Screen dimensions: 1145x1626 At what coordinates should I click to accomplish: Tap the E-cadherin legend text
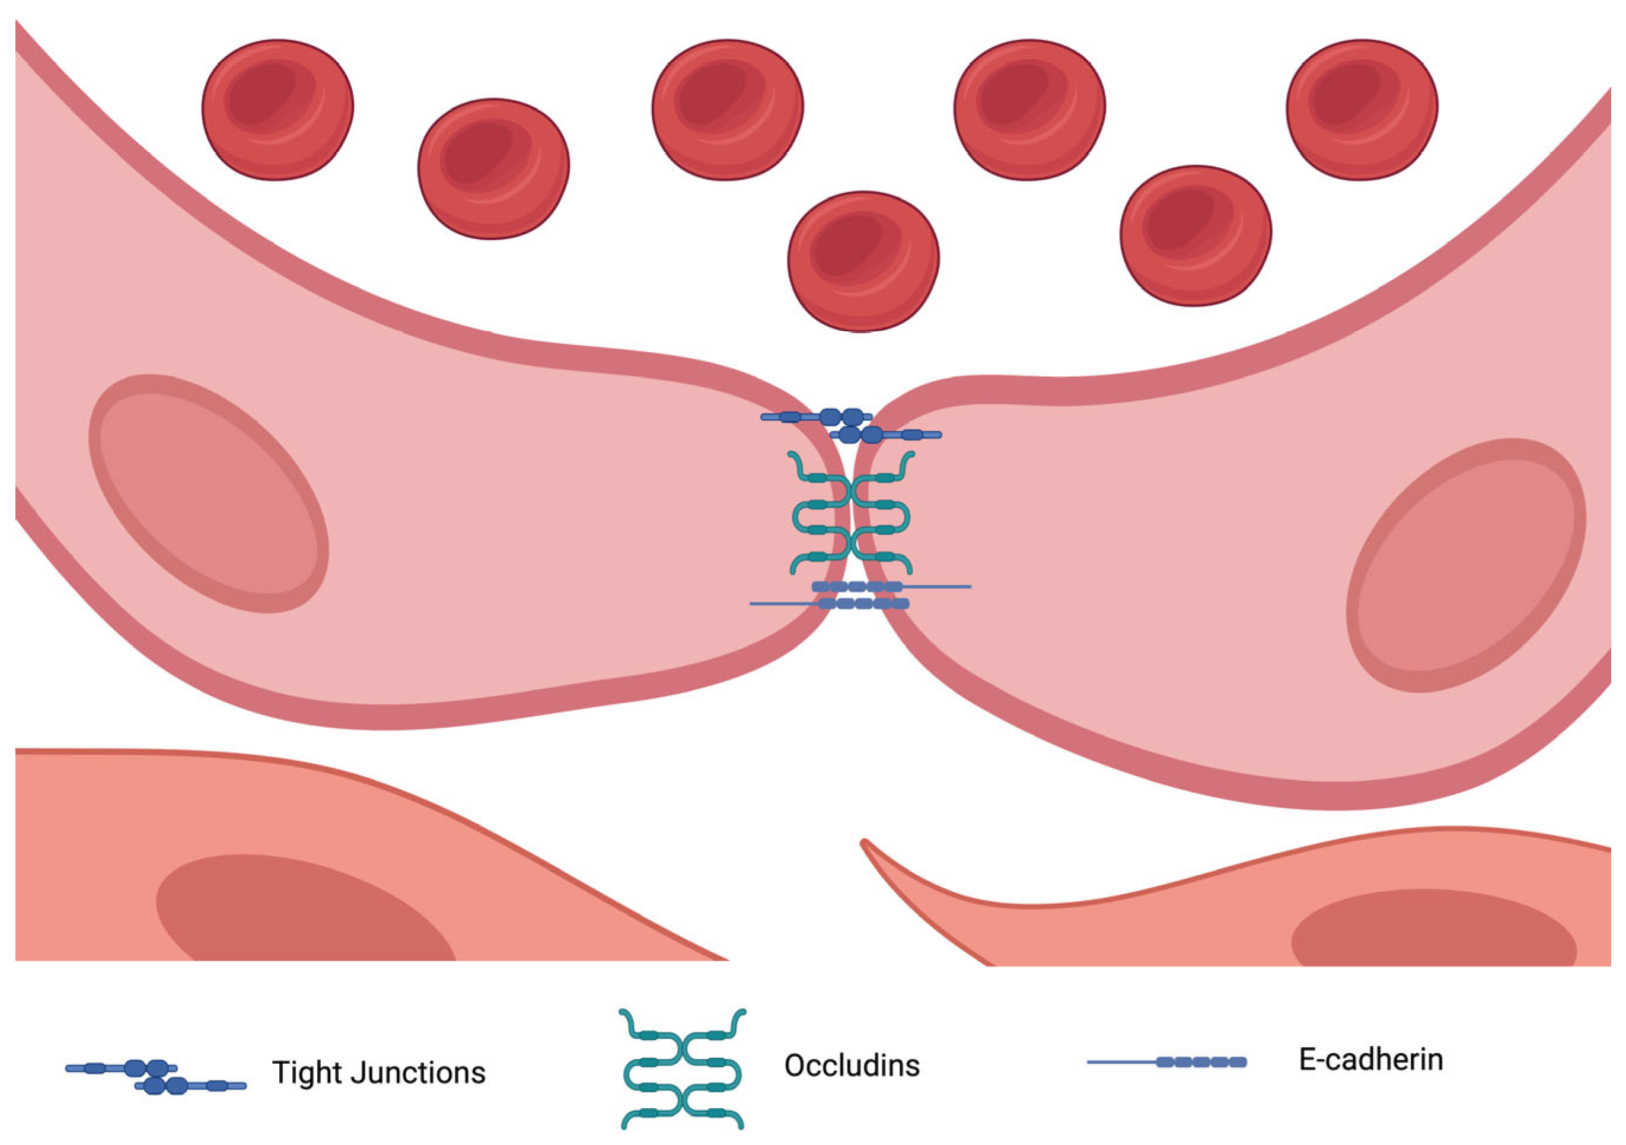[x=1370, y=1060]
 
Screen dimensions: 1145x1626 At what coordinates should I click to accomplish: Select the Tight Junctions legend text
[x=379, y=1072]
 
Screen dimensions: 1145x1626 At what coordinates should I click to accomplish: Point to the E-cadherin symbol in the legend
[x=1167, y=1062]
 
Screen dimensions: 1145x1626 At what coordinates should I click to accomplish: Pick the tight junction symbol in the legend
[x=156, y=1076]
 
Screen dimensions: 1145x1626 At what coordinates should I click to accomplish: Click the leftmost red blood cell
[x=278, y=110]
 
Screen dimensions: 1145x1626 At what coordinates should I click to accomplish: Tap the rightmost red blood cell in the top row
[x=1362, y=110]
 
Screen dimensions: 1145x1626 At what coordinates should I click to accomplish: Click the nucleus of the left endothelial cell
[x=209, y=493]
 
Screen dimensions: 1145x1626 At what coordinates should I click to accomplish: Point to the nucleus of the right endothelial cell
[x=1466, y=565]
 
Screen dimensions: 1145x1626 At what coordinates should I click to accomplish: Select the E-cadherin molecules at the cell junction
[x=860, y=595]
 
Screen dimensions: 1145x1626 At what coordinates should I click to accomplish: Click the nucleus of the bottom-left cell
[x=305, y=914]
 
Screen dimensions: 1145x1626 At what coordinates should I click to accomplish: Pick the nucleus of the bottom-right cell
[x=1434, y=931]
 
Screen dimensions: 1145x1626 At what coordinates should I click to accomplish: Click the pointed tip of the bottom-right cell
[x=865, y=843]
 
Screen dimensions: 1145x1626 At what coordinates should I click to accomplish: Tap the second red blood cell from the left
[x=493, y=168]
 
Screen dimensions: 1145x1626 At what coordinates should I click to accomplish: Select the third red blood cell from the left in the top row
[x=727, y=110]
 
